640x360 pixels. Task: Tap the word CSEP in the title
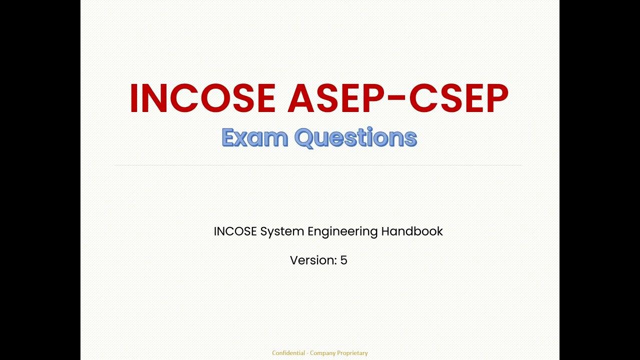coord(458,98)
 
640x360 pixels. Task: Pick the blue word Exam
coord(255,137)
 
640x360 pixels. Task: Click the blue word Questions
coord(355,138)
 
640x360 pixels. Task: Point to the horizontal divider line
coord(318,165)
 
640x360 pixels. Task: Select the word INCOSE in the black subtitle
coord(235,231)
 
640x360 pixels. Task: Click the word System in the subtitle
coord(281,232)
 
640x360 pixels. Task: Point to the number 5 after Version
coord(344,260)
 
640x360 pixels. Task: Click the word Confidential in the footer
coord(288,353)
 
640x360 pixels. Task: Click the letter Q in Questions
coord(304,138)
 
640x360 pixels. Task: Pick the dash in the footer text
coord(307,353)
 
